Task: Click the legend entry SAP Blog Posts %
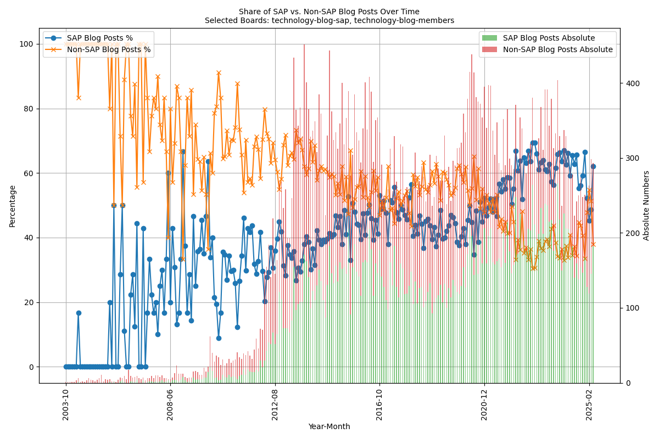tap(99, 38)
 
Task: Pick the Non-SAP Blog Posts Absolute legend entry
tap(557, 49)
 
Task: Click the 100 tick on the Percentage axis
tap(29, 44)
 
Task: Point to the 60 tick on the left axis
tap(30, 173)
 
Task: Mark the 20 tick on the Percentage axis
tap(30, 302)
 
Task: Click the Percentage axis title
tap(12, 206)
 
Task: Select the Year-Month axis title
tap(329, 426)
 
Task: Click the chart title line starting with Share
tap(329, 12)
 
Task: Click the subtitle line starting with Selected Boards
tap(329, 20)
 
